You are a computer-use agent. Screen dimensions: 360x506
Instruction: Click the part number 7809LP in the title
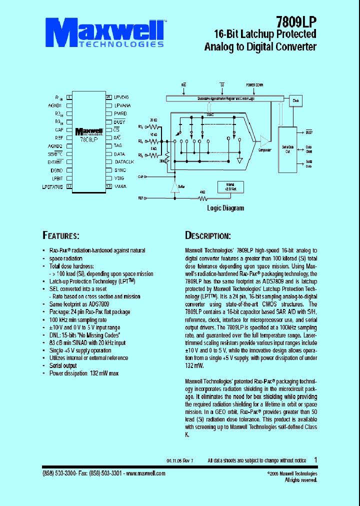[x=296, y=21]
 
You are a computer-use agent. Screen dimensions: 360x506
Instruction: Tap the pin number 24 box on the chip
[x=108, y=97]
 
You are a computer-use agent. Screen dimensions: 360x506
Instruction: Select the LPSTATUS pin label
[x=52, y=186]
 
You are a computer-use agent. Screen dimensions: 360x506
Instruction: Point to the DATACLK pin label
[x=124, y=162]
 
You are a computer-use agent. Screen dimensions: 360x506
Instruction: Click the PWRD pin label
[x=120, y=113]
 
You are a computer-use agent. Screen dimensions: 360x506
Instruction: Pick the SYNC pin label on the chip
[x=120, y=170]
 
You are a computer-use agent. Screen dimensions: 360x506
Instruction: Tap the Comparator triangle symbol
[x=262, y=141]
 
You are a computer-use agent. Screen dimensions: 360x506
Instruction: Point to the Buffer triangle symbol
[x=174, y=187]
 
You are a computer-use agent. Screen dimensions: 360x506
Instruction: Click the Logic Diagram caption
[x=225, y=208]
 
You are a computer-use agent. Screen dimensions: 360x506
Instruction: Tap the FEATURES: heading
[x=60, y=235]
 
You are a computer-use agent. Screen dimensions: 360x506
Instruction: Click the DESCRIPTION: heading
[x=207, y=235]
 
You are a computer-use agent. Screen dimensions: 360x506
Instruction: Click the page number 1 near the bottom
[x=315, y=459]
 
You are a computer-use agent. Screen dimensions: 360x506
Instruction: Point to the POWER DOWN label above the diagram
[x=254, y=85]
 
